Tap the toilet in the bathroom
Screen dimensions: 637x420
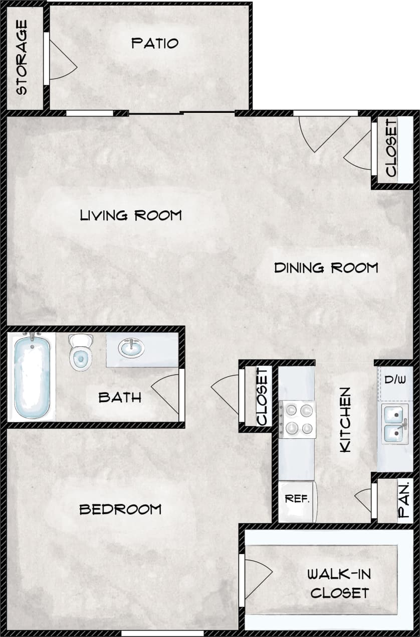(x=81, y=353)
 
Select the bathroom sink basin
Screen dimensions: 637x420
(x=131, y=348)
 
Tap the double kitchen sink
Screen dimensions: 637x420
(x=395, y=424)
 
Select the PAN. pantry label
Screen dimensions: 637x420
(x=404, y=500)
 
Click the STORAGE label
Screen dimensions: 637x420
(x=22, y=57)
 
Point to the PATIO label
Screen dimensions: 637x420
(x=155, y=43)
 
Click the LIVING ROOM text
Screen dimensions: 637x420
(x=131, y=215)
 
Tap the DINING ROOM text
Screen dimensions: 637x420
(x=326, y=268)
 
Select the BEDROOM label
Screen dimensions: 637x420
(x=120, y=509)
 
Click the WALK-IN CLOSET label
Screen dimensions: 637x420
(x=339, y=583)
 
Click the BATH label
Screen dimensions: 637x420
(x=120, y=398)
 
